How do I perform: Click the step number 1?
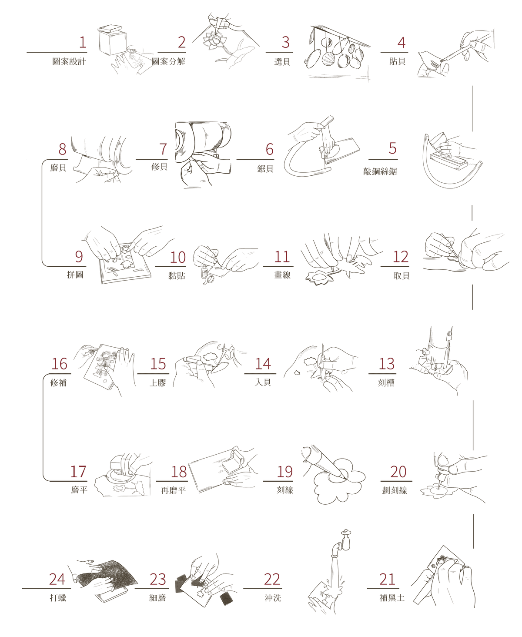tap(83, 42)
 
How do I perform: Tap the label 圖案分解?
tap(168, 61)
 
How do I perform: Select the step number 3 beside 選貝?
tap(285, 42)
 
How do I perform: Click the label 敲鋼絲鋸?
tap(380, 171)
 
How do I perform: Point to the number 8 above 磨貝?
tap(62, 149)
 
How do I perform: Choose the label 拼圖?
tap(75, 275)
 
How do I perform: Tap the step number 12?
tap(400, 257)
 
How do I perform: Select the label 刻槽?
tap(386, 383)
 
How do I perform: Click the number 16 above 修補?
tap(59, 364)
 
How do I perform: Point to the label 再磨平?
tap(173, 490)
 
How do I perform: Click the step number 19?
tap(284, 472)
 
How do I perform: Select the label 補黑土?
tap(392, 598)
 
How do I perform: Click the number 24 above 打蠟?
tap(57, 579)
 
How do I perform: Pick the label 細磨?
tap(157, 598)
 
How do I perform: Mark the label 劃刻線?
tap(395, 490)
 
